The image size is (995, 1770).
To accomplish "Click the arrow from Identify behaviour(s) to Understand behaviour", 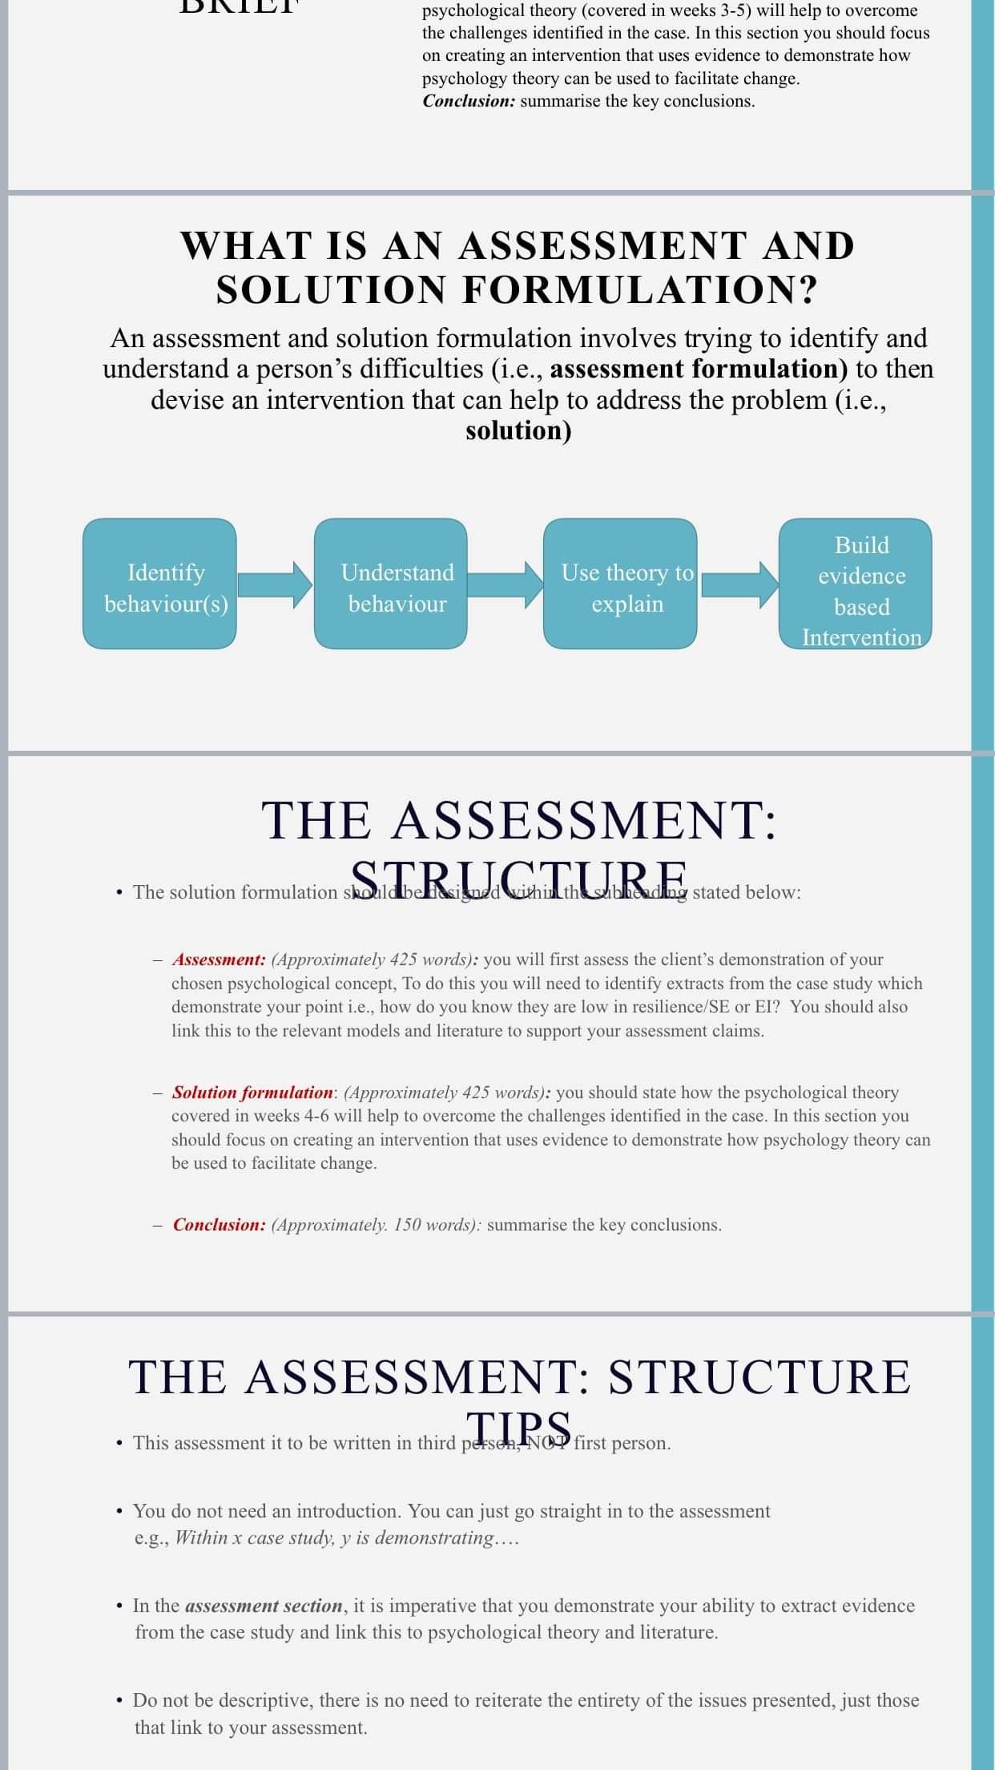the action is point(275,584).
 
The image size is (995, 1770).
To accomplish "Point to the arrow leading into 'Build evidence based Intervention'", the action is point(738,584).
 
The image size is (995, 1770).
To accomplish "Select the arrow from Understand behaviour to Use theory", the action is point(505,584).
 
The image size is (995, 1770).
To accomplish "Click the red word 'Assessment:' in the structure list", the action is point(219,960).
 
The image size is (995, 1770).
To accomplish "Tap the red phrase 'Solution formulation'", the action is point(252,1093).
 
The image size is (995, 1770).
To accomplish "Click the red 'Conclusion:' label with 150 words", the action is point(219,1225).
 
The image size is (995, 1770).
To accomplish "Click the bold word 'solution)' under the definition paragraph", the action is point(518,430).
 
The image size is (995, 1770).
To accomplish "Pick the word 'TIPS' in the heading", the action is point(519,1428).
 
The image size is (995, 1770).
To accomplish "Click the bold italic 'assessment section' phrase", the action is point(264,1606).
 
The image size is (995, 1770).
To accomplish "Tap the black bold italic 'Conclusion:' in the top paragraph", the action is point(469,101).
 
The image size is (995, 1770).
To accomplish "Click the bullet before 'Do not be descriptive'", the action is point(119,1700).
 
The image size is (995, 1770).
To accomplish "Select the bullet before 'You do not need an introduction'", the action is point(119,1511).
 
